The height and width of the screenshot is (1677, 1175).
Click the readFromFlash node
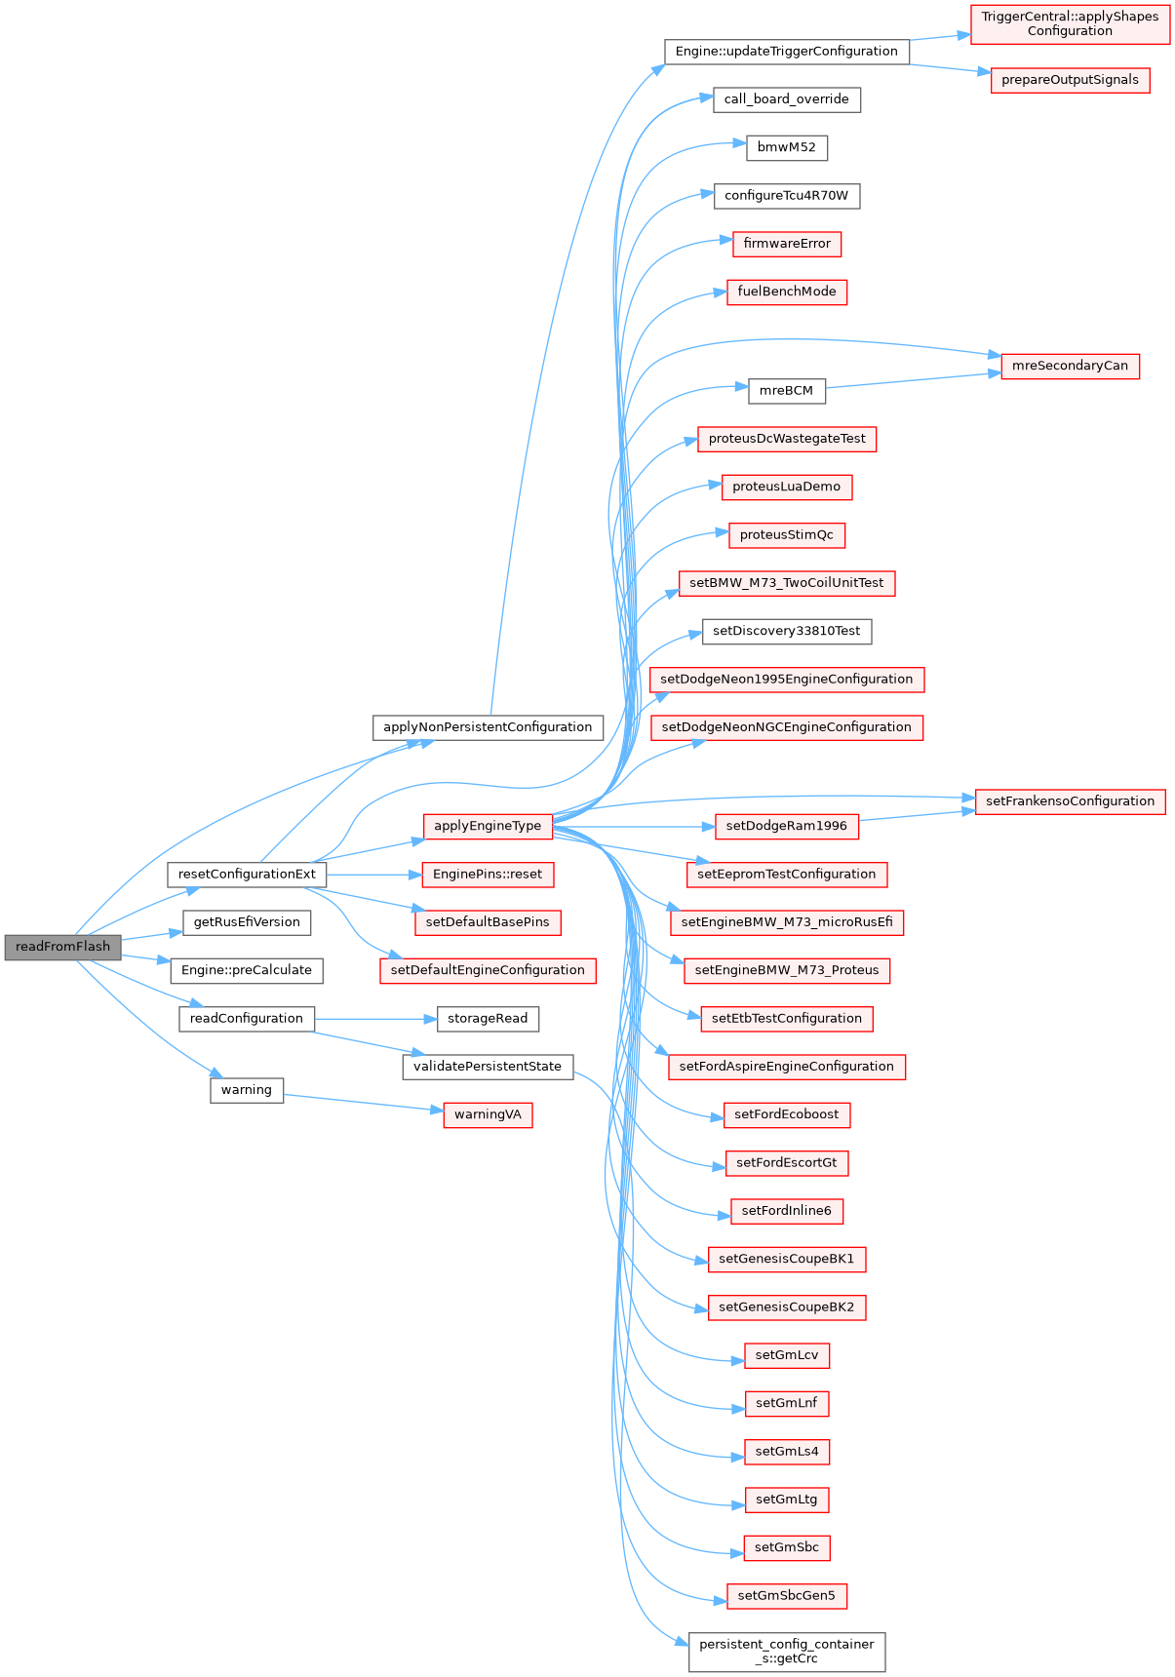[x=62, y=947]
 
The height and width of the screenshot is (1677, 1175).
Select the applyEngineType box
[x=488, y=826]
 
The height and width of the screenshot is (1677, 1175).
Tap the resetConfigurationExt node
[x=247, y=875]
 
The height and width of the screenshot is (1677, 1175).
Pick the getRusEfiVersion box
[x=247, y=922]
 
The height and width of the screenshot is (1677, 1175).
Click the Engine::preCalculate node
[x=247, y=970]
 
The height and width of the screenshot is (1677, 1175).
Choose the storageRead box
[x=488, y=1019]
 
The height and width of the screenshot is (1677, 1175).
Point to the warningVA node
[x=488, y=1114]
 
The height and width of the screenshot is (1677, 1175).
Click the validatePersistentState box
[x=488, y=1067]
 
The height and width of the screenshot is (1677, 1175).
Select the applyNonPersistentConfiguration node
[x=488, y=727]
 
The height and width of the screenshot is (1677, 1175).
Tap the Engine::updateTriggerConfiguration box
[x=786, y=52]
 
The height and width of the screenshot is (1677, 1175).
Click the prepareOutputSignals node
[x=1070, y=80]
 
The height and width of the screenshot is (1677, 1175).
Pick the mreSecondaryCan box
[x=1070, y=367]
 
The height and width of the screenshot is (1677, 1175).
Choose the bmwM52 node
[x=786, y=148]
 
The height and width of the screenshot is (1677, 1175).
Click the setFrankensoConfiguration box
[x=1070, y=801]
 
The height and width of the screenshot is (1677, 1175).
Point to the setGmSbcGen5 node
[x=786, y=1596]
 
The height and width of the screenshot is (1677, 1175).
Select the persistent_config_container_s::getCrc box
[x=786, y=1652]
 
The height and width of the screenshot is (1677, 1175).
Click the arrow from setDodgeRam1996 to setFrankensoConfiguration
[x=917, y=815]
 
